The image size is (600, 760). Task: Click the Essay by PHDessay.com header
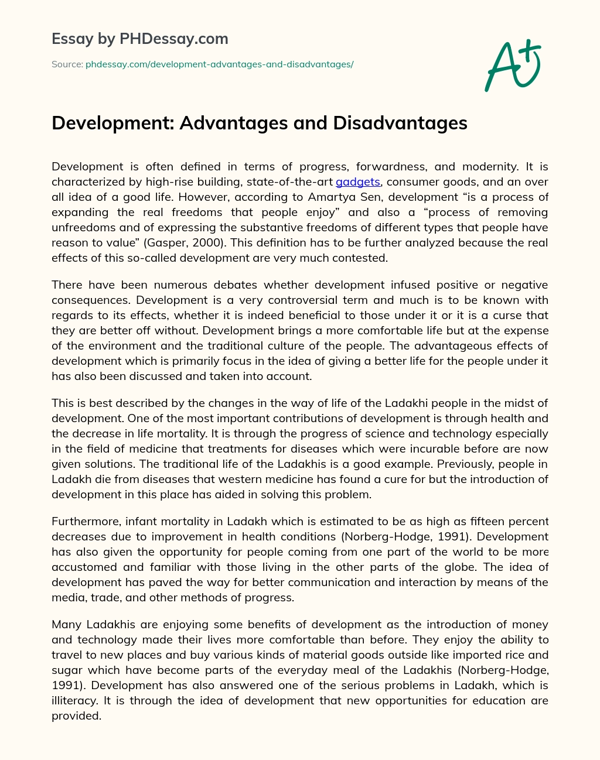139,39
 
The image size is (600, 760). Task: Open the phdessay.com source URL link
219,64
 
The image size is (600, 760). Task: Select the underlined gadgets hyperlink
358,182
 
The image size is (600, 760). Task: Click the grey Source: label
67,64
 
